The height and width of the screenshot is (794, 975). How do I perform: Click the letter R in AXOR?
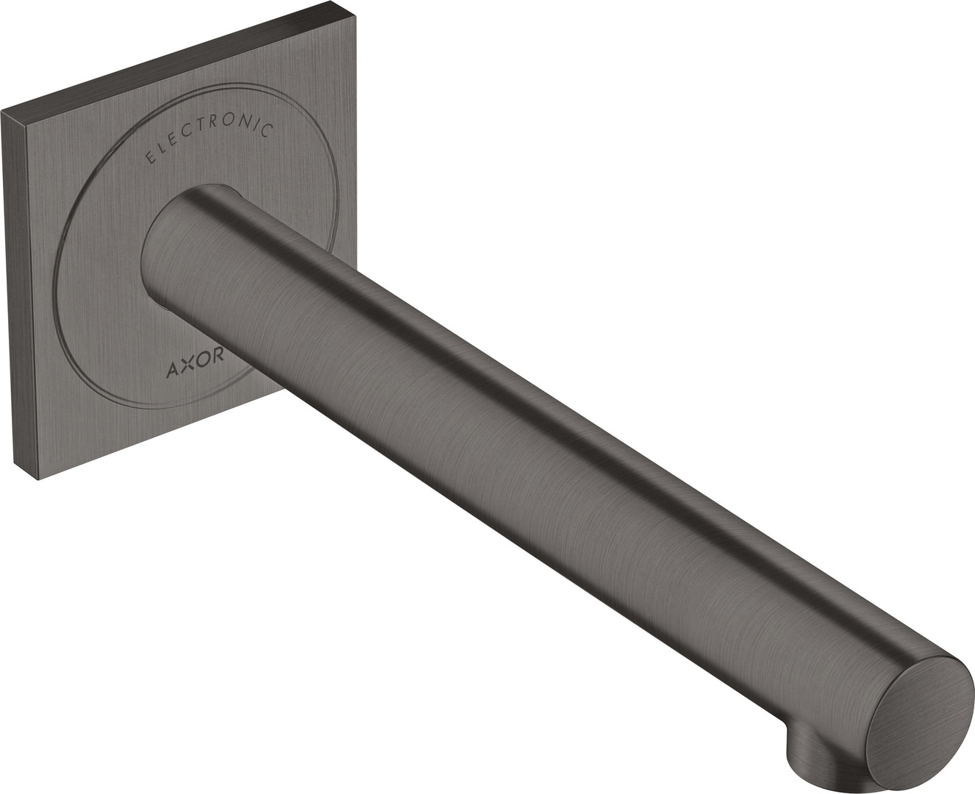click(218, 356)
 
